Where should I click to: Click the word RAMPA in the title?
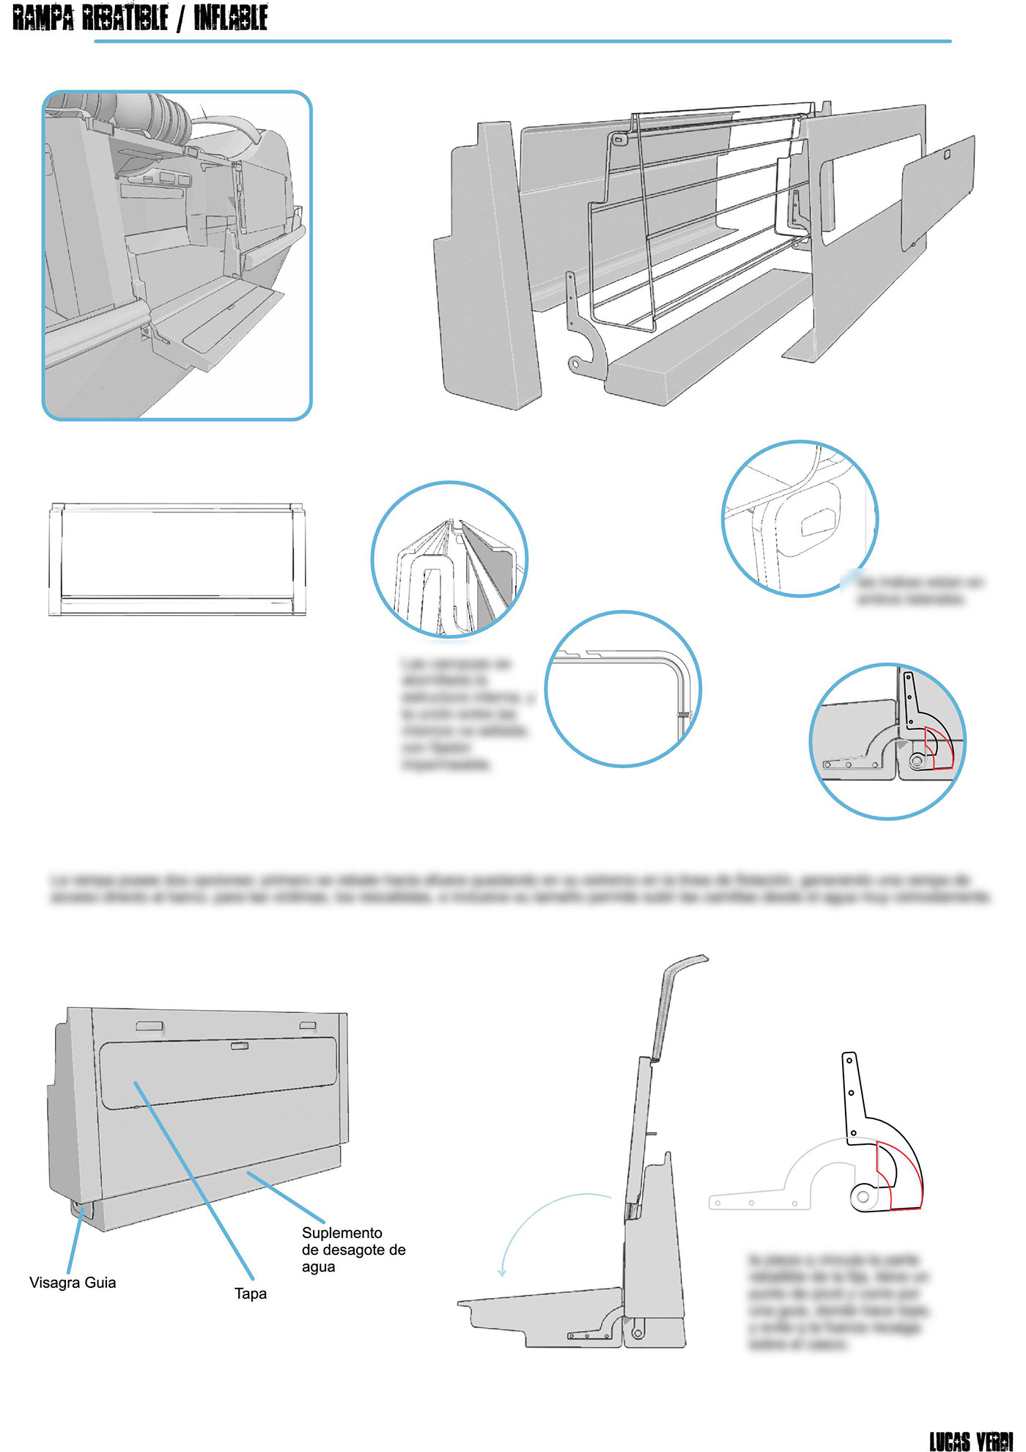tap(43, 18)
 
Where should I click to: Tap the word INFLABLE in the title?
tap(230, 18)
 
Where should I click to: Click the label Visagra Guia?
tap(73, 1283)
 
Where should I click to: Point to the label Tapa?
tap(251, 1294)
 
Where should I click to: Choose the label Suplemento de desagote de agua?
tap(353, 1250)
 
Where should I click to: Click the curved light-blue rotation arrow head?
tap(502, 1272)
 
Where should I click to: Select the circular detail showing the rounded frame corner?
tap(623, 689)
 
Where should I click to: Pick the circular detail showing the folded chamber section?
tap(449, 560)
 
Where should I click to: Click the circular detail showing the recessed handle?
tap(800, 519)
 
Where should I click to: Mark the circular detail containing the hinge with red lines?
tap(887, 741)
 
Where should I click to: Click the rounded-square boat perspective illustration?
tap(177, 255)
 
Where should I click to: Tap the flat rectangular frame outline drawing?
tap(177, 559)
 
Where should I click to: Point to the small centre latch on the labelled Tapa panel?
tap(240, 1046)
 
